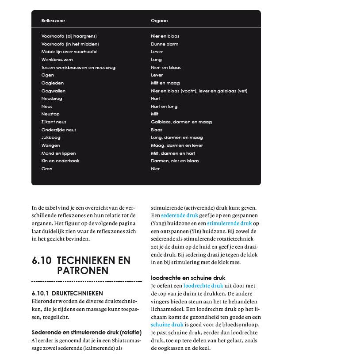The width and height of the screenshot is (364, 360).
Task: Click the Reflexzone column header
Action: (x=53, y=21)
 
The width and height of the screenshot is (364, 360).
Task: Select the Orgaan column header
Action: (x=159, y=21)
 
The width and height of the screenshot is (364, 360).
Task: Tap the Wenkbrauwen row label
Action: (x=57, y=60)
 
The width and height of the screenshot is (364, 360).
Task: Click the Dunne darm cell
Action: (x=165, y=44)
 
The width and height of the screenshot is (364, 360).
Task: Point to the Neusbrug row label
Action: (x=52, y=99)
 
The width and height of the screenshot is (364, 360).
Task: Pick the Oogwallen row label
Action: (x=53, y=91)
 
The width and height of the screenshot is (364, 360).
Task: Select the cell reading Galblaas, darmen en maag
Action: (x=181, y=122)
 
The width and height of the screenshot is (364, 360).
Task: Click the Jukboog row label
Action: (x=51, y=138)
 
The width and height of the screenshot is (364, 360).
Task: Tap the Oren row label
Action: (x=47, y=169)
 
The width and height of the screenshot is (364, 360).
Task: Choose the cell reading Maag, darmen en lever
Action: (x=177, y=146)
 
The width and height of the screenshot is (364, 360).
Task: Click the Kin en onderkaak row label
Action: (x=61, y=161)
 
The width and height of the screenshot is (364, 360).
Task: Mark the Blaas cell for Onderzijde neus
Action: (x=157, y=130)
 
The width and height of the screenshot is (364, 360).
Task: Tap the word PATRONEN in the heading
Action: (x=83, y=271)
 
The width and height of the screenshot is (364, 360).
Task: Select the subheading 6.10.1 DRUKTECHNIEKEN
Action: (x=67, y=293)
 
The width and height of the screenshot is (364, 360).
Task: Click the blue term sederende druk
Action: (x=180, y=216)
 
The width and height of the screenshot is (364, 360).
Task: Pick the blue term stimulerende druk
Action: (x=229, y=224)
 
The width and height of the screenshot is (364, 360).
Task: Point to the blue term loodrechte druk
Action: (x=203, y=286)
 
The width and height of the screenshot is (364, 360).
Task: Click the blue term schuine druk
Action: (x=167, y=325)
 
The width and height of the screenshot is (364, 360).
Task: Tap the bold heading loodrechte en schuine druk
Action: (x=188, y=278)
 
